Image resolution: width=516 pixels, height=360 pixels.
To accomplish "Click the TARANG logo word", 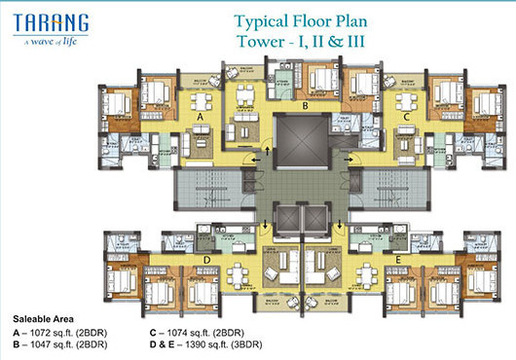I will pos(49,21).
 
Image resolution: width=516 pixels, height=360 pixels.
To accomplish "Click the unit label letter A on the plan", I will pos(201,117).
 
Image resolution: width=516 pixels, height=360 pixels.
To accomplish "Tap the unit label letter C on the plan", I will pos(407,117).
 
